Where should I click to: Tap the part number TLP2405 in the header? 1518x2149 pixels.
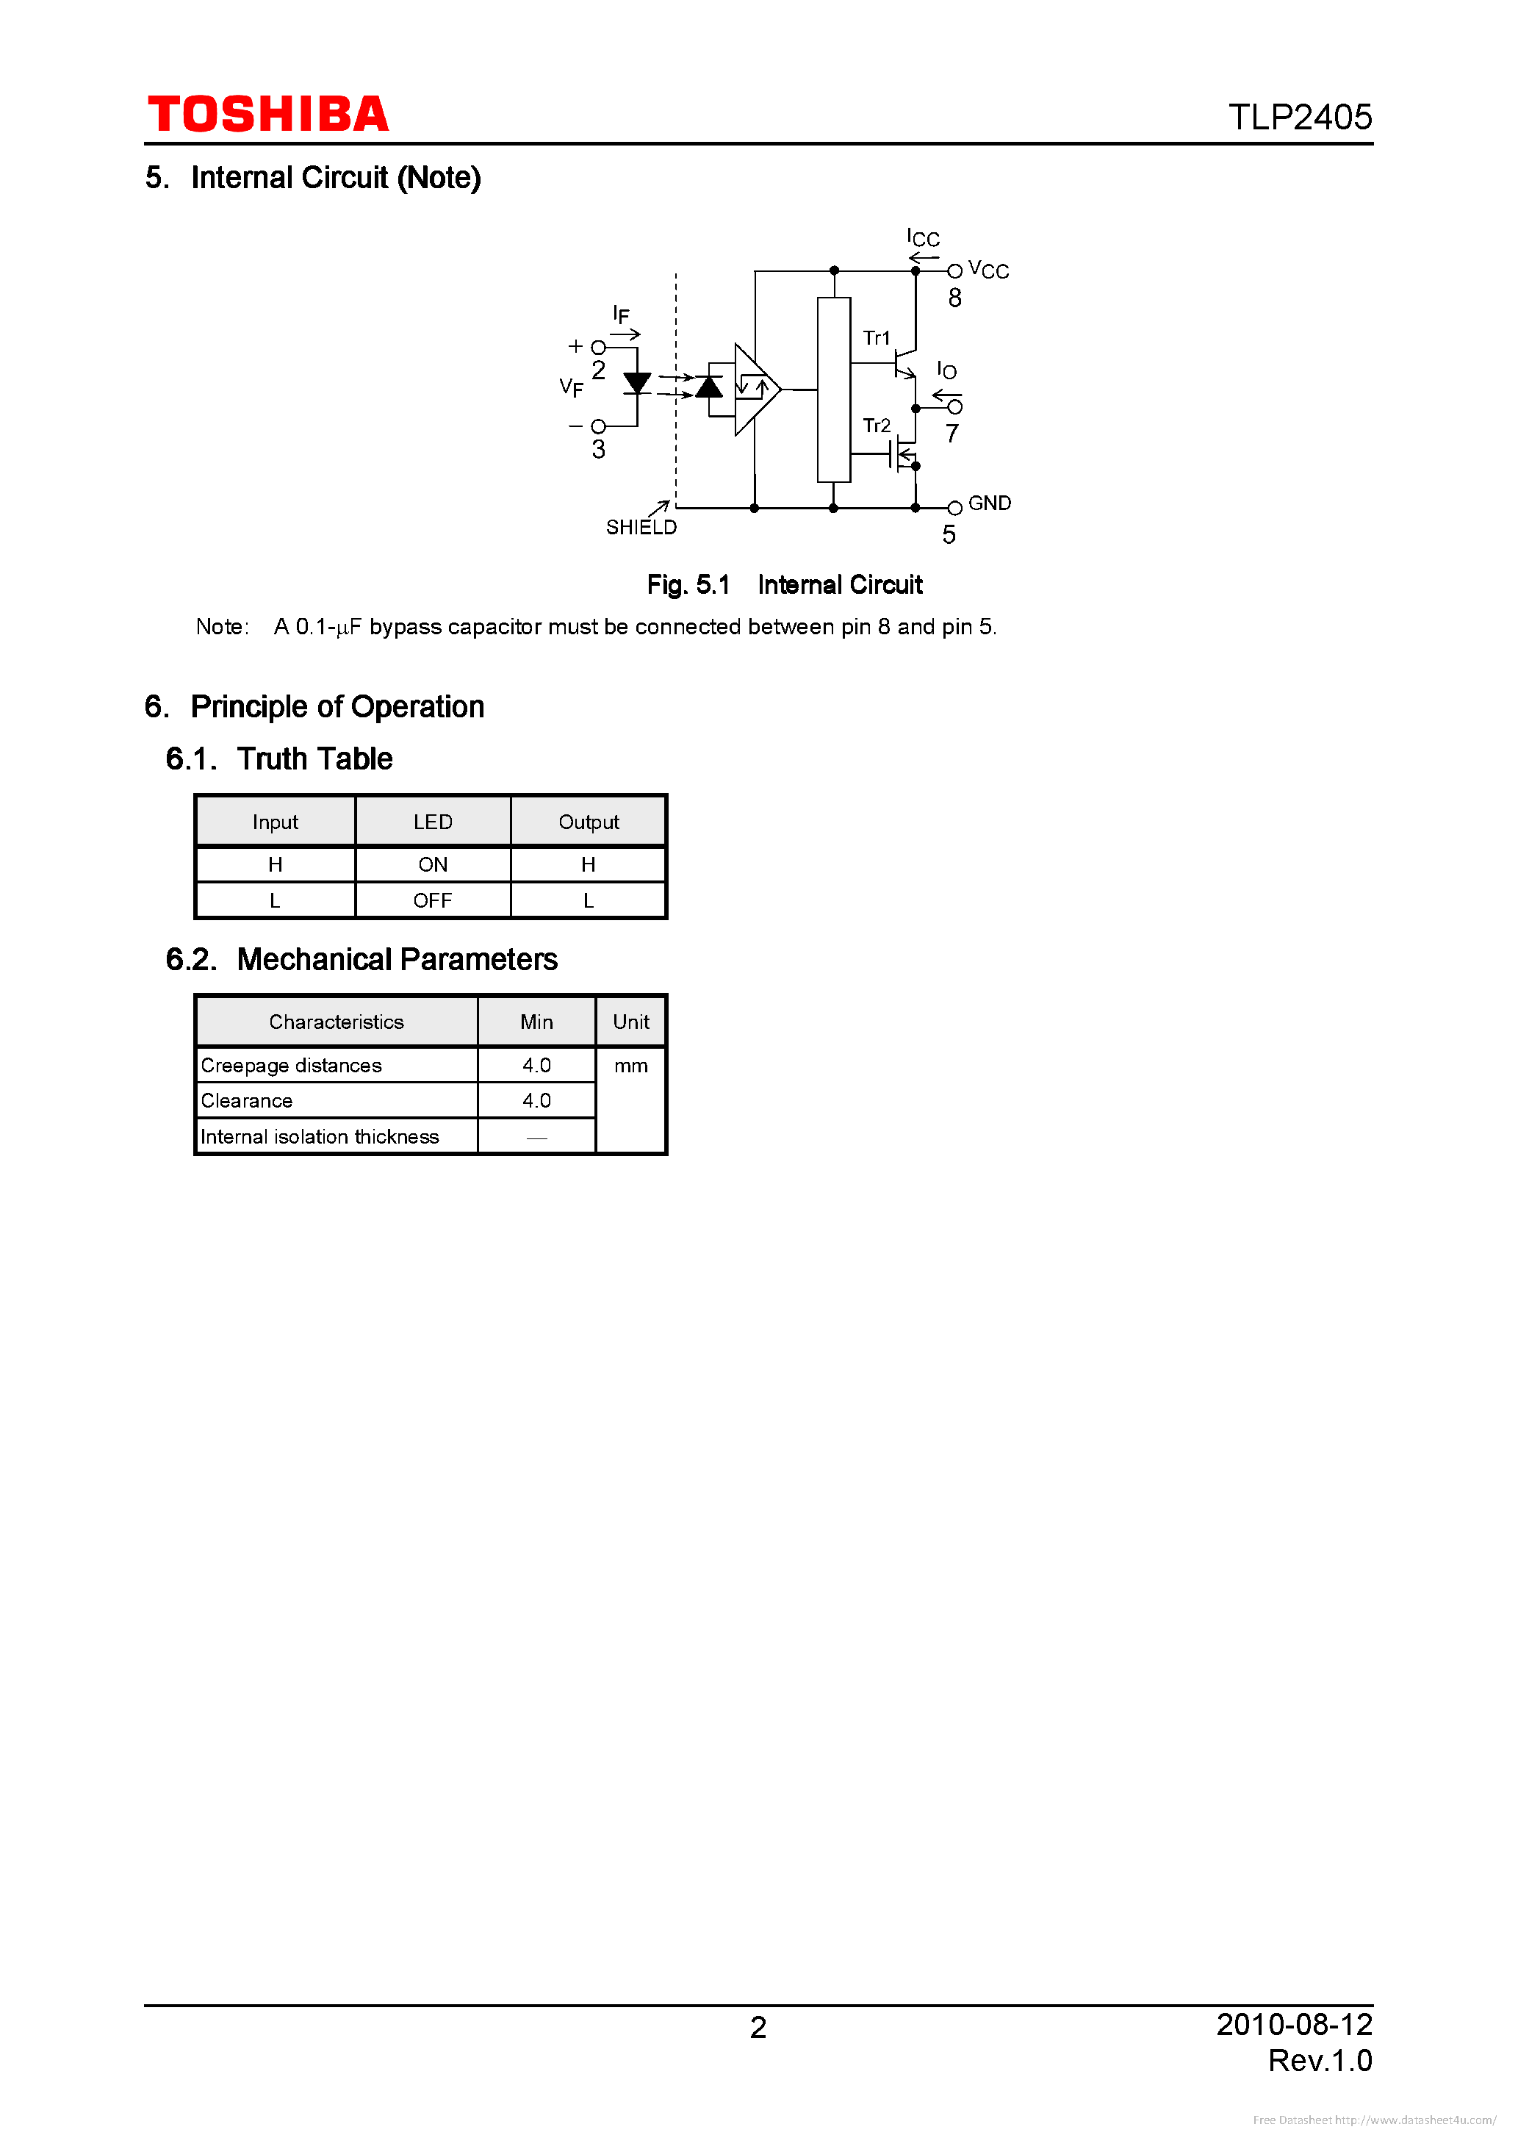[x=1299, y=118]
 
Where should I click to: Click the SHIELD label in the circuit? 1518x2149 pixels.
[x=641, y=528]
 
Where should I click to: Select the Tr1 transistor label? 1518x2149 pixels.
[x=876, y=338]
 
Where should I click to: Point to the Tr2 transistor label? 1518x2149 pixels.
[x=876, y=426]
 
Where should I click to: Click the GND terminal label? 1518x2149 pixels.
[x=989, y=503]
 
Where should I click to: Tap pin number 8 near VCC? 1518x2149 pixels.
[x=954, y=298]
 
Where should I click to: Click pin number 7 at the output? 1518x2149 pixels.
[x=952, y=434]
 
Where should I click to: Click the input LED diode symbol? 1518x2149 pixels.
[x=637, y=383]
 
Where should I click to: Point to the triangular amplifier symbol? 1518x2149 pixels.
[x=755, y=389]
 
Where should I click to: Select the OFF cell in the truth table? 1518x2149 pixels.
[x=432, y=900]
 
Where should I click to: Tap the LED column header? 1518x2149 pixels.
[x=432, y=822]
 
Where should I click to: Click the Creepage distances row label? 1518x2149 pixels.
[x=291, y=1065]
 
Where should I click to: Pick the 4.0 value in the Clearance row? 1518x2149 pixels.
[x=536, y=1101]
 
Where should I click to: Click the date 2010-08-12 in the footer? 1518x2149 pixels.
[x=1293, y=2025]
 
